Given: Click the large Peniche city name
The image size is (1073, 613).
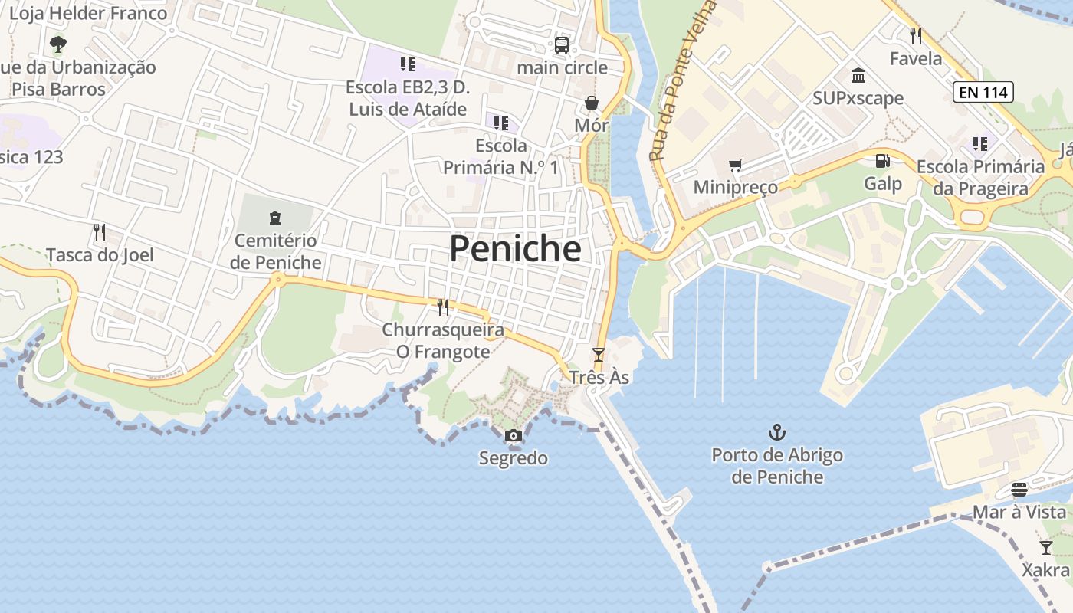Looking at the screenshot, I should (x=515, y=249).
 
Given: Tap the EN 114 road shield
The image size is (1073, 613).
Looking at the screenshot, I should (x=983, y=93).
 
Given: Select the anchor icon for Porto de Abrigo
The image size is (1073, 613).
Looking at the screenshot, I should (x=777, y=432).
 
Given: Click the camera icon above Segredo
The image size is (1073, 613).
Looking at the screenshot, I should (x=514, y=436).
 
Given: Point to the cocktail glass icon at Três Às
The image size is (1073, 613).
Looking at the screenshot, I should (x=599, y=355).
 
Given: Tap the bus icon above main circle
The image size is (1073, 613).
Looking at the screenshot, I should (x=562, y=44).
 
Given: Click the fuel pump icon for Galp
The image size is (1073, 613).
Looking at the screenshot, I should (x=883, y=161).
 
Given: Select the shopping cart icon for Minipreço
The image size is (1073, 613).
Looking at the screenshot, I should (x=736, y=165).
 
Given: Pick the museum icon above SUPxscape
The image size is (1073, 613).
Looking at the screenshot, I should (x=858, y=76).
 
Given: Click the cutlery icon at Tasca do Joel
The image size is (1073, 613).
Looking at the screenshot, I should (x=99, y=231).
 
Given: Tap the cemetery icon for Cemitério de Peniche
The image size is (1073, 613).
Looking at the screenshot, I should (x=275, y=218).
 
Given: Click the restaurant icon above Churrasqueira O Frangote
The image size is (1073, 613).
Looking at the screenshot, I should (x=443, y=307).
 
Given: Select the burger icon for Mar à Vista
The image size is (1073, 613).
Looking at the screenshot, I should (x=1019, y=489).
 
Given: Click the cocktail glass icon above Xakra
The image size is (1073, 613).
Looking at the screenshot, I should (x=1045, y=547).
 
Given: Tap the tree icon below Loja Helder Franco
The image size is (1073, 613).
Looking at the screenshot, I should (x=58, y=44).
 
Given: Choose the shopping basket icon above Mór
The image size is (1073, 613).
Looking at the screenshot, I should (x=592, y=103).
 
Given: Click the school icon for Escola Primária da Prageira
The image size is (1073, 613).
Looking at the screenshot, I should (x=979, y=143).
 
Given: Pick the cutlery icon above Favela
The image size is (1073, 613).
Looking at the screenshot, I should (x=915, y=35).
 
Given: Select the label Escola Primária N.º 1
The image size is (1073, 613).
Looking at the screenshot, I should (x=501, y=156).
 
